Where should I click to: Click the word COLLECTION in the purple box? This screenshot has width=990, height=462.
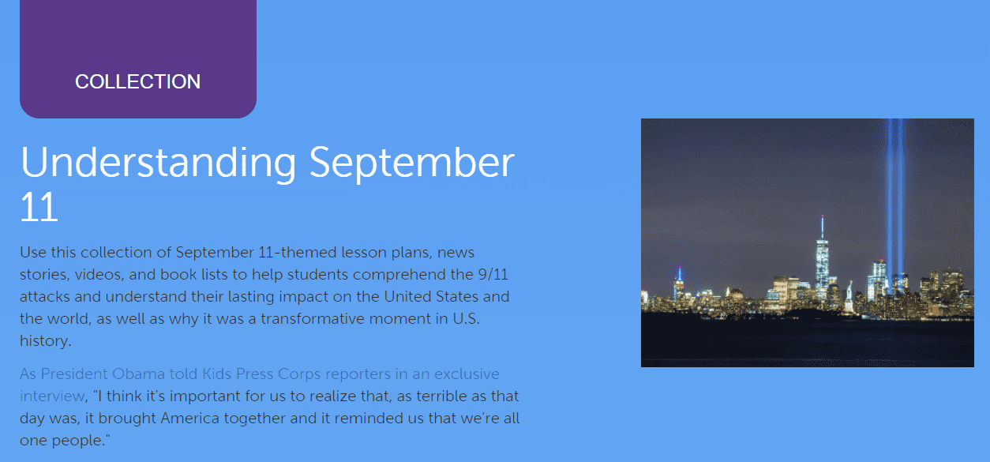point(137,81)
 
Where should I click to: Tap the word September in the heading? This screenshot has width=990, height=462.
point(411,162)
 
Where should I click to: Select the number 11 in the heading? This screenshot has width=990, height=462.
point(39,207)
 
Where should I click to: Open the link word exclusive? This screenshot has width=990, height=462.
point(467,374)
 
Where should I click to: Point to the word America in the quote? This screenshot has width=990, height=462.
point(191,419)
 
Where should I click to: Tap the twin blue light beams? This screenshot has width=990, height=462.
point(894,197)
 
